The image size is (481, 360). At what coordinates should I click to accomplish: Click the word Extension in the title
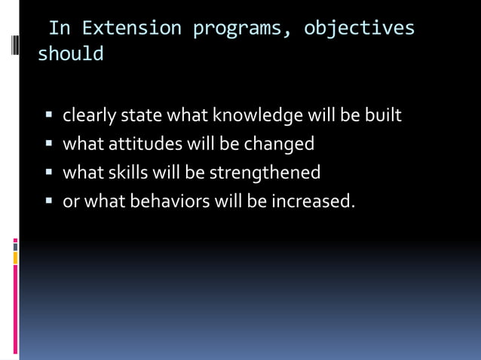131,29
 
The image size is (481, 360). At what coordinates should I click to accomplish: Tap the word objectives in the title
359,29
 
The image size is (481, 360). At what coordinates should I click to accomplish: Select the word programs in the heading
240,29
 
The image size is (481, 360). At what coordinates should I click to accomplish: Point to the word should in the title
71,55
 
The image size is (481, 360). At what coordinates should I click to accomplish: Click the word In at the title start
60,29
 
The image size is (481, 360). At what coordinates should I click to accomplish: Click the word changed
278,144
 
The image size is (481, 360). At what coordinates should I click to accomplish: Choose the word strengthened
265,172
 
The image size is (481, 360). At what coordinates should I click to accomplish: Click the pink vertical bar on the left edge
15,309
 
